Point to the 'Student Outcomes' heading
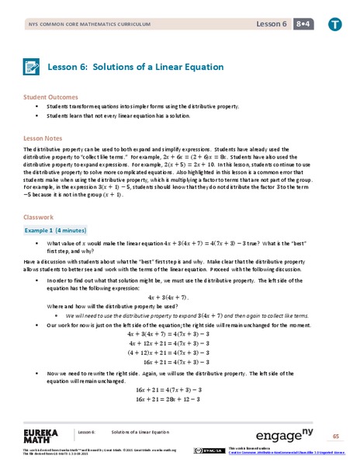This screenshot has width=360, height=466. point(49,98)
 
